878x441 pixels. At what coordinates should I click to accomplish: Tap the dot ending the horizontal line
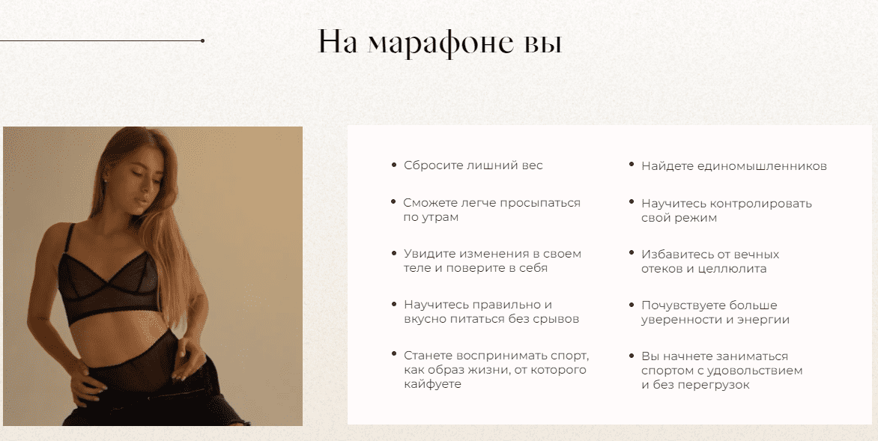[202, 40]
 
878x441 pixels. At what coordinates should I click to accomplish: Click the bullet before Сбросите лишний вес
[393, 165]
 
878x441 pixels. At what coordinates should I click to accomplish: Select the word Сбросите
[427, 165]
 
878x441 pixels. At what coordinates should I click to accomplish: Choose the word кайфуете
[432, 384]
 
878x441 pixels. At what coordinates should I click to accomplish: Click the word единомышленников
[762, 166]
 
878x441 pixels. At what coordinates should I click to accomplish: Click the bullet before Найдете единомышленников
[632, 165]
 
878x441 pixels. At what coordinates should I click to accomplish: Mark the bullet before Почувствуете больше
[632, 305]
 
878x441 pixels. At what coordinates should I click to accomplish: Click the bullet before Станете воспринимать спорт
[393, 354]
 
